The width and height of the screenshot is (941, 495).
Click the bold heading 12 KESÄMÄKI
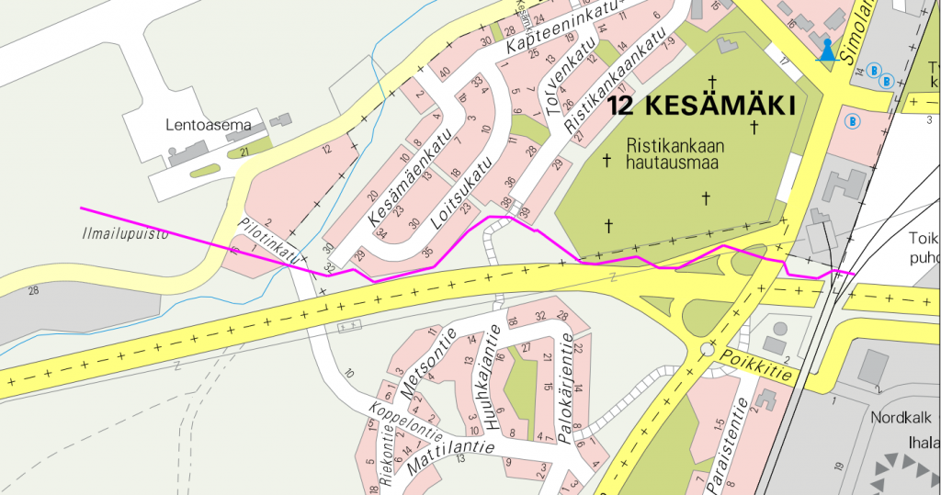(x=700, y=106)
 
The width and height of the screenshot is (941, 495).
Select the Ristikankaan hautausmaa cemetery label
(x=676, y=153)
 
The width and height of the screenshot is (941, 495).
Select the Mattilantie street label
(x=451, y=454)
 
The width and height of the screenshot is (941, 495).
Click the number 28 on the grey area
(x=34, y=291)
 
